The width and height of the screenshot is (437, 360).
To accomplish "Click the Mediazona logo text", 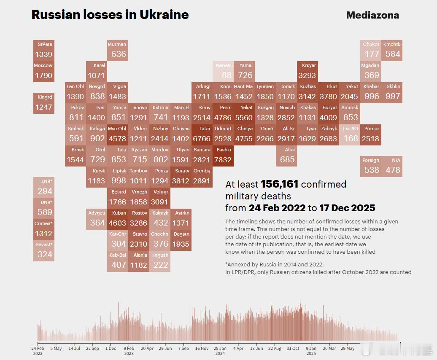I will (x=372, y=15).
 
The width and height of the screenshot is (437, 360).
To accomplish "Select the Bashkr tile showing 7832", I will (x=223, y=156).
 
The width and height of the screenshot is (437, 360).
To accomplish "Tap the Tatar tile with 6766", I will (x=202, y=134).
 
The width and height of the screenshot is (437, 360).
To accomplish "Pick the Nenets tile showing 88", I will (x=223, y=71).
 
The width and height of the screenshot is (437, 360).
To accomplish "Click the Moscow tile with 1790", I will (x=44, y=71).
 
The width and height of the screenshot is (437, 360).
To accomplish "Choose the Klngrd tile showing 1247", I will (x=44, y=103).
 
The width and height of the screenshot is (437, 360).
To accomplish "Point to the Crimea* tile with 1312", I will (x=44, y=229).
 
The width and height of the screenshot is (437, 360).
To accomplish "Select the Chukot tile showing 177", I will (x=371, y=50).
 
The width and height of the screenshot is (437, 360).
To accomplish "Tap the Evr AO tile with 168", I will (x=350, y=134).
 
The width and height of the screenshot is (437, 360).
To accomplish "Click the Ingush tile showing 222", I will (x=160, y=261).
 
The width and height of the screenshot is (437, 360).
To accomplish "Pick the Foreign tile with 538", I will (x=371, y=166).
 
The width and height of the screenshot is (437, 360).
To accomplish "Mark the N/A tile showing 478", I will (x=392, y=166).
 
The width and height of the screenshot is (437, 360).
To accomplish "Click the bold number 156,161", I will (x=279, y=184).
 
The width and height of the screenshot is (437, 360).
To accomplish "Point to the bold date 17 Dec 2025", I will (x=347, y=208).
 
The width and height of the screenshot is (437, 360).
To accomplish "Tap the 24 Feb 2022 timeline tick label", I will (x=38, y=351).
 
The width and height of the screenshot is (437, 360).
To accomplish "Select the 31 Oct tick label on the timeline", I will (x=293, y=349).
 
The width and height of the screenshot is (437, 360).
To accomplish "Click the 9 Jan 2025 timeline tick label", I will (x=311, y=351).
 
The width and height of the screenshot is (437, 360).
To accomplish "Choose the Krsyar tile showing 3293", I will (x=308, y=71).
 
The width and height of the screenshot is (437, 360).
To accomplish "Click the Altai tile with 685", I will (x=287, y=156).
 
